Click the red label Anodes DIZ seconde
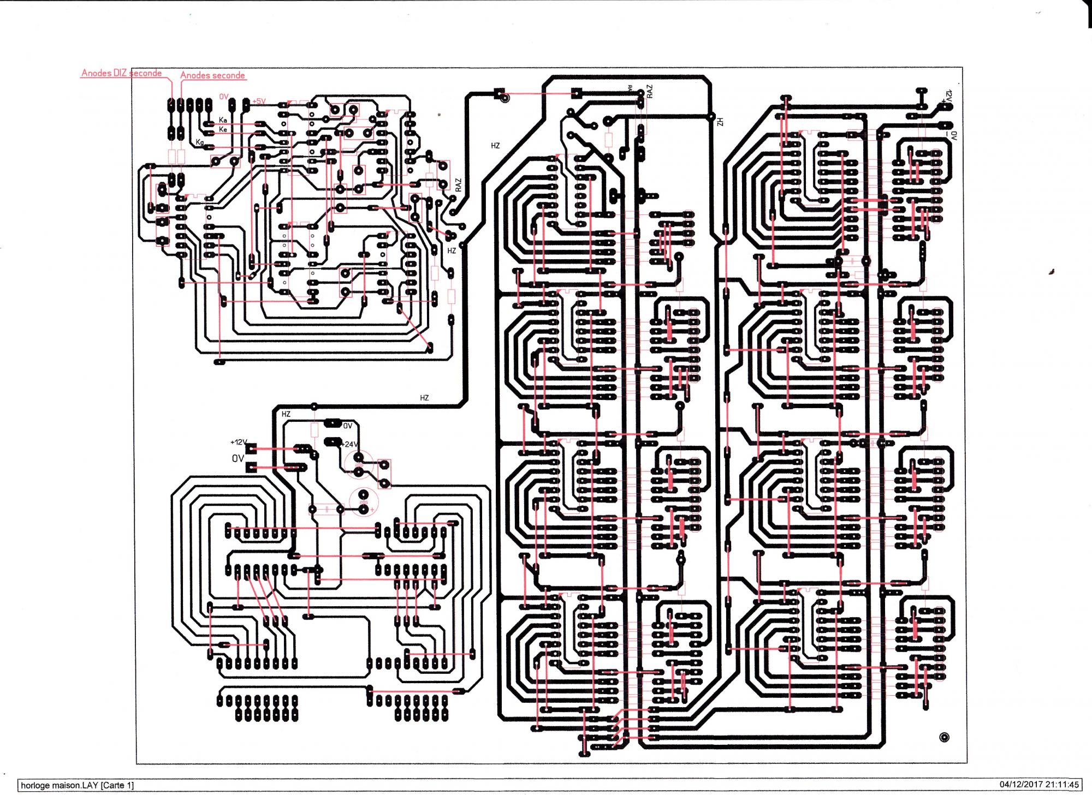pos(121,73)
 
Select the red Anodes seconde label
pos(212,75)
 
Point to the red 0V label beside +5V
pos(224,97)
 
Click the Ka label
pos(223,120)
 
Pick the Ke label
pos(223,129)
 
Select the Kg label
pos(200,143)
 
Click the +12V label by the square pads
pos(239,442)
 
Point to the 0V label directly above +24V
pos(348,426)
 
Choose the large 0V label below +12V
pos(238,459)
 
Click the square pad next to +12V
pos(252,449)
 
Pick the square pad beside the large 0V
pos(252,467)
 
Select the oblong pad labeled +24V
pos(332,441)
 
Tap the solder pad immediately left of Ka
pos(209,124)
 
